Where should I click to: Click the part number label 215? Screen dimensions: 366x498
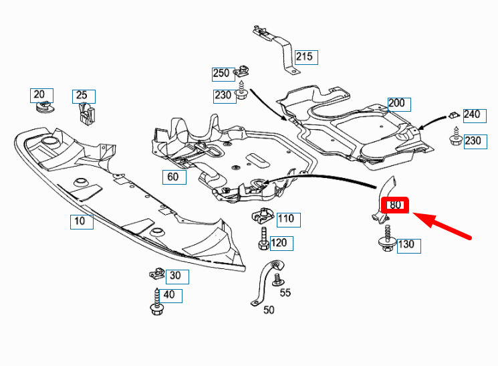[304, 57]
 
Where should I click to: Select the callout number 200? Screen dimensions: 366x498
[397, 103]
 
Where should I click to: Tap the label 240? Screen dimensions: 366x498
[471, 114]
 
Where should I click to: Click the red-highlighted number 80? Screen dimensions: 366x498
[395, 205]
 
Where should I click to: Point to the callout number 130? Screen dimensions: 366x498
[406, 244]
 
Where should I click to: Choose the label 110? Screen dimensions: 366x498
[285, 218]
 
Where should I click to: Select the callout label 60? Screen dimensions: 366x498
[172, 177]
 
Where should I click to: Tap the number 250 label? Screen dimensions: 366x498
[221, 73]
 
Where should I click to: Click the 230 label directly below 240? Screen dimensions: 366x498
[472, 141]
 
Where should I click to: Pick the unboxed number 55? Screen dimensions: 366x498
[285, 292]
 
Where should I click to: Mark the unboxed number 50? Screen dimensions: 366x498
[269, 310]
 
